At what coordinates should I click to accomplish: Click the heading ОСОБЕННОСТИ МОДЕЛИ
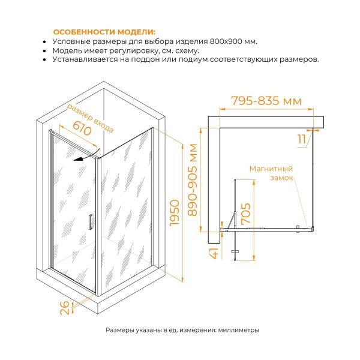tap(104, 32)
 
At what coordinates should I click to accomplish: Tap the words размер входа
tap(90, 118)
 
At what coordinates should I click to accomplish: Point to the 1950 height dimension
tap(175, 212)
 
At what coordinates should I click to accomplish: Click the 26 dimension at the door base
tap(65, 308)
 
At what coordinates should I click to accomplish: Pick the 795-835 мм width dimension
tap(266, 101)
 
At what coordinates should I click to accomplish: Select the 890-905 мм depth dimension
tap(193, 180)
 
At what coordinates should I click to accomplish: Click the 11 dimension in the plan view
tap(302, 139)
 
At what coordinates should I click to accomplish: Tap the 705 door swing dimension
tap(245, 214)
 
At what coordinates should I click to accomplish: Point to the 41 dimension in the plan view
tap(215, 253)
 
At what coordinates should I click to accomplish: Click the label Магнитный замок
tap(271, 173)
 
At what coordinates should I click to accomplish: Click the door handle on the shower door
tap(91, 222)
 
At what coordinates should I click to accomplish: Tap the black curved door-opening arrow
tap(87, 155)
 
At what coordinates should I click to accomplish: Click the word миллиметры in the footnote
tap(239, 330)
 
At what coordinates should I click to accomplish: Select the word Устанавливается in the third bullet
tap(85, 59)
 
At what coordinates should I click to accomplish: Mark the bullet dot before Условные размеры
tap(44, 42)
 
